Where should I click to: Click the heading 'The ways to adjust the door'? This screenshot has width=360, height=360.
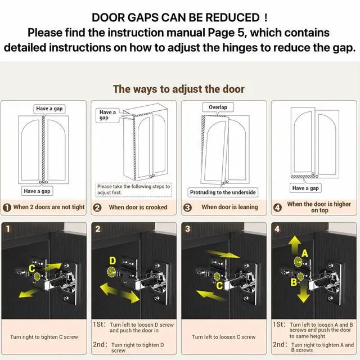pyautogui.click(x=179, y=89)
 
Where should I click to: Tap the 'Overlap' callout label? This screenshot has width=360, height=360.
pyautogui.click(x=218, y=107)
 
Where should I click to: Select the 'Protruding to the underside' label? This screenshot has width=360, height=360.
pyautogui.click(x=223, y=192)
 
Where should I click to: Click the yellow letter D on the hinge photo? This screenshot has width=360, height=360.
pyautogui.click(x=112, y=261)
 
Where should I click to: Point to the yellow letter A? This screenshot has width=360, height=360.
pyautogui.click(x=304, y=254)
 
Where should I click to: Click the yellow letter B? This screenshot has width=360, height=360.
pyautogui.click(x=294, y=282)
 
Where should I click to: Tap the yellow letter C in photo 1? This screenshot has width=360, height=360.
pyautogui.click(x=32, y=268)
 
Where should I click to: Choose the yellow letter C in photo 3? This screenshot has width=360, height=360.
pyautogui.click(x=219, y=286)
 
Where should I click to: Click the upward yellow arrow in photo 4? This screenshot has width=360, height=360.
pyautogui.click(x=295, y=244)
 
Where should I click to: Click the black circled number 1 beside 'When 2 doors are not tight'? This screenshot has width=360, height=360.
pyautogui.click(x=7, y=208)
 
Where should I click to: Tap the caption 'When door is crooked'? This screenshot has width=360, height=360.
pyautogui.click(x=138, y=207)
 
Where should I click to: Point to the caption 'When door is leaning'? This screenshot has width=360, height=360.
pyautogui.click(x=229, y=207)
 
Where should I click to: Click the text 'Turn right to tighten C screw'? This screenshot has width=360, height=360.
pyautogui.click(x=44, y=337)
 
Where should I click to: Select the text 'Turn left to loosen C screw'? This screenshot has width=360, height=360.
pyautogui.click(x=224, y=337)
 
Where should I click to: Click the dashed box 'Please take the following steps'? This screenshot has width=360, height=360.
pyautogui.click(x=134, y=190)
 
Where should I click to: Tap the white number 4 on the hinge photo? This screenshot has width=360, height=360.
pyautogui.click(x=277, y=229)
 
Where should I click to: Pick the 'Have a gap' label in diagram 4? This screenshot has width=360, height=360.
pyautogui.click(x=305, y=188)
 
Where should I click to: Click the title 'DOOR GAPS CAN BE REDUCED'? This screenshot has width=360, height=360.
pyautogui.click(x=179, y=17)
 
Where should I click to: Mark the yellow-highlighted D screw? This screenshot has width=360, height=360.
pyautogui.click(x=112, y=272)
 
